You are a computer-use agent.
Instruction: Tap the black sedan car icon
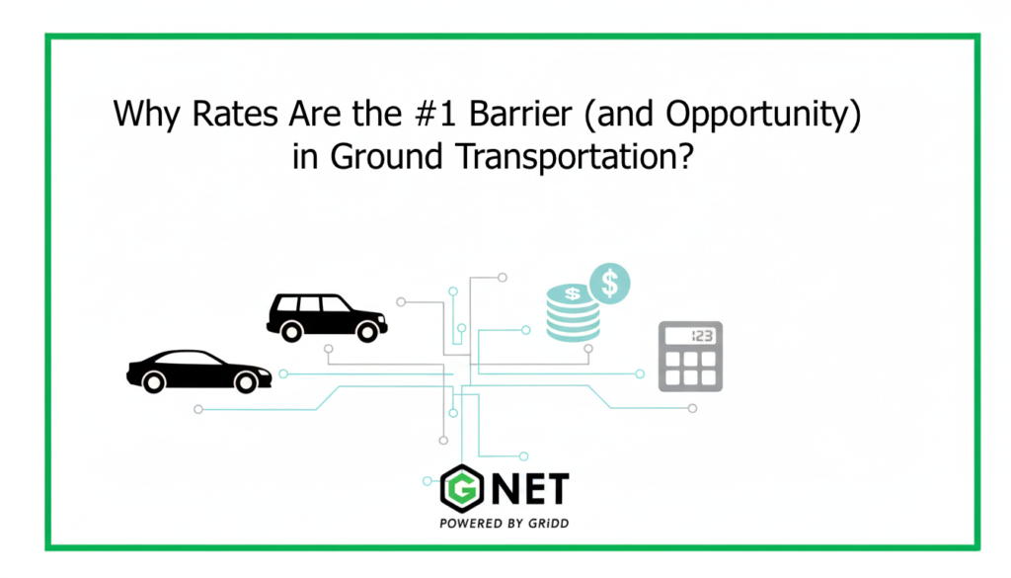(x=198, y=371)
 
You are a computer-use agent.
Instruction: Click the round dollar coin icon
(x=610, y=284)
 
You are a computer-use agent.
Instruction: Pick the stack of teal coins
(x=574, y=313)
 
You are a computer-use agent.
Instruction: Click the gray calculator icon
(x=690, y=356)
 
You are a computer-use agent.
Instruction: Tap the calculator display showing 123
(x=690, y=336)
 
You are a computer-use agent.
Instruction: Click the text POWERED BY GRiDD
(x=504, y=524)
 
